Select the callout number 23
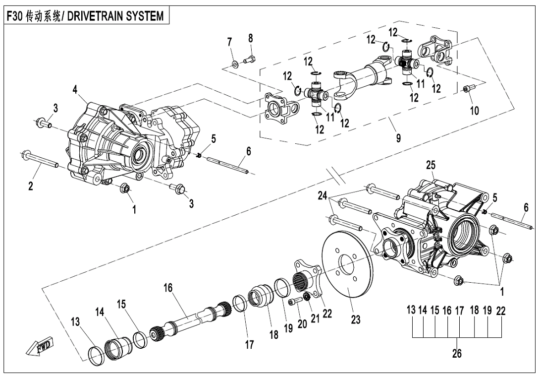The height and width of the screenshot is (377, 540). click(x=355, y=320)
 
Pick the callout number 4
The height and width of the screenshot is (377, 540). click(x=75, y=90)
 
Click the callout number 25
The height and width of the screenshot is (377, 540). click(x=430, y=164)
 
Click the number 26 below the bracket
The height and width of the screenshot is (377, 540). click(x=456, y=354)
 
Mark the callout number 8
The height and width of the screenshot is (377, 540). click(x=251, y=38)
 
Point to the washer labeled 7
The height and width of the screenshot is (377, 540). click(x=233, y=63)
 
